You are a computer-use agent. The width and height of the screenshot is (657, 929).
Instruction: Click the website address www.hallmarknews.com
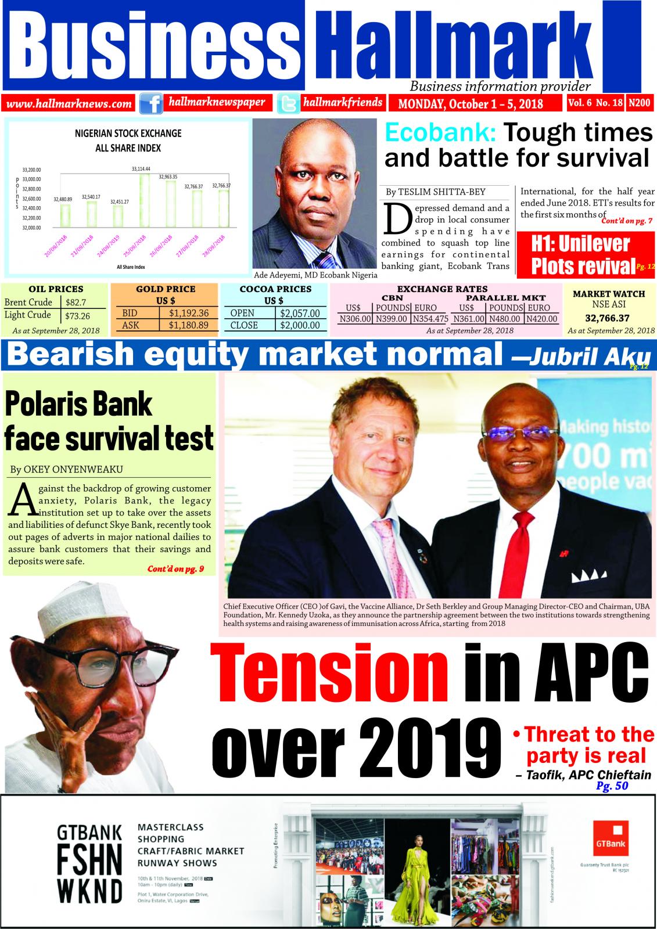[70, 104]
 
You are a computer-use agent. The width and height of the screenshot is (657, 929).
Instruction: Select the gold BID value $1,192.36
[188, 313]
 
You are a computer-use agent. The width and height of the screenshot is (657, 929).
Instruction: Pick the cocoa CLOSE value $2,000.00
[299, 325]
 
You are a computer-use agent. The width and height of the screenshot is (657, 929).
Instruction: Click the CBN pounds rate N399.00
[391, 319]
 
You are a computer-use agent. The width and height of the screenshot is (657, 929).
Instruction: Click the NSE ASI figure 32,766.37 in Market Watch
[609, 318]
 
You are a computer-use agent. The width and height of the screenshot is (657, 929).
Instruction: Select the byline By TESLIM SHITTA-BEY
[435, 192]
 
